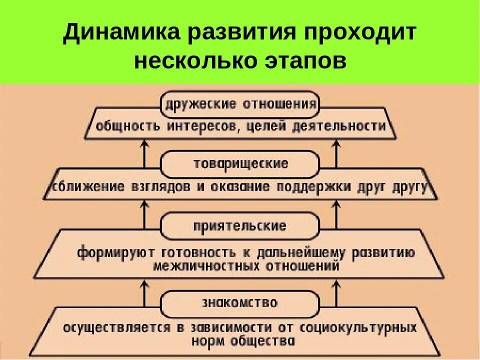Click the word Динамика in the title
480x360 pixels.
click(124, 33)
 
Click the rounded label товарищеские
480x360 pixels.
click(240, 164)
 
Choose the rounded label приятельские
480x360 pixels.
click(240, 225)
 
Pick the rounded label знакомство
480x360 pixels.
click(240, 303)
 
